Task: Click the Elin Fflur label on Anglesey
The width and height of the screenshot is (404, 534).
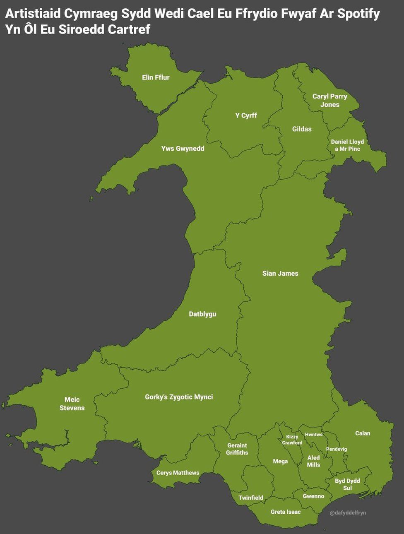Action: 156,77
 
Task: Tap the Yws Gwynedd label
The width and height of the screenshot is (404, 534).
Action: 183,149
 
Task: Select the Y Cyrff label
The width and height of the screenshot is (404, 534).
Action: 246,115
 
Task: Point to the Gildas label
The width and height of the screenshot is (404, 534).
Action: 302,129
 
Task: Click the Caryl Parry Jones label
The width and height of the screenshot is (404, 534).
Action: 329,101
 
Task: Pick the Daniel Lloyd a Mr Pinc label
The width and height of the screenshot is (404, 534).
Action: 347,145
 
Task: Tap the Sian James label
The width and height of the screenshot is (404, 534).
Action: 280,273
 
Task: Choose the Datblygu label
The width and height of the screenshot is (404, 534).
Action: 202,314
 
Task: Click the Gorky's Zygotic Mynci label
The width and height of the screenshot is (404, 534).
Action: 179,397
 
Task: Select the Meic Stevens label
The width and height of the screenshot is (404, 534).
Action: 72,404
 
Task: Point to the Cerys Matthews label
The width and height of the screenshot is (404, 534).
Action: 178,473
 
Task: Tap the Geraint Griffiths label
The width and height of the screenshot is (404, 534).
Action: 237,449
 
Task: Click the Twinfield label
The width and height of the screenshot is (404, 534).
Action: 251,498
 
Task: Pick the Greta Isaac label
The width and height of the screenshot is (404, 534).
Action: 286,512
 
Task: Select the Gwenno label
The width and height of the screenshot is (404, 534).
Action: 313,496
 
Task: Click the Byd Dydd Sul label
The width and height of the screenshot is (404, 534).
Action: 347,484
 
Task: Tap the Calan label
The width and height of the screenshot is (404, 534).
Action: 363,433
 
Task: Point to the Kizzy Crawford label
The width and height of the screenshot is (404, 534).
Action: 292,440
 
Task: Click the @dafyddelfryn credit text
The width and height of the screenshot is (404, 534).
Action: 348,513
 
